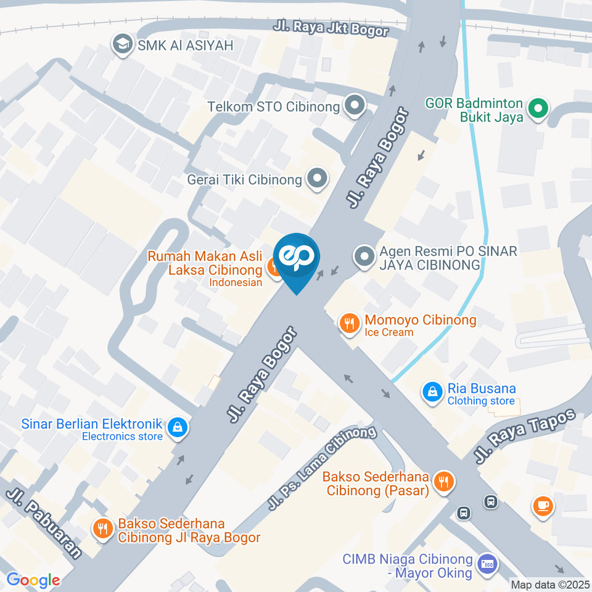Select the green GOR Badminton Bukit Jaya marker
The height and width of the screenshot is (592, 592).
pos(538,110)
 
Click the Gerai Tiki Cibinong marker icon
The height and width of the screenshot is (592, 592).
pos(318,179)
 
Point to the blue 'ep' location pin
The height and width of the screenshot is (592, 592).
pos(297,257)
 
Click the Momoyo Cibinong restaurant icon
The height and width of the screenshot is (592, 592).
pos(350,323)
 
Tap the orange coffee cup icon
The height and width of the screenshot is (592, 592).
pos(543,506)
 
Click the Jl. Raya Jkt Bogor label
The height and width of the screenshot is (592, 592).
pos(331,29)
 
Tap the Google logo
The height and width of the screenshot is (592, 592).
pos(33,580)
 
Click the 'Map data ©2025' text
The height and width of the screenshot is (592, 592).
pos(549,584)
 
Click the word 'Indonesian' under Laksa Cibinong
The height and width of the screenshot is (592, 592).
pos(236,282)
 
